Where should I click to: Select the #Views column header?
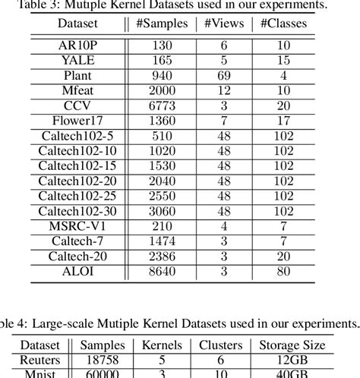pos(224,24)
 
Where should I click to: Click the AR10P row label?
pos(77,45)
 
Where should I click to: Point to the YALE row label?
pos(77,59)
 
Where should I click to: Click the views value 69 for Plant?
pos(224,74)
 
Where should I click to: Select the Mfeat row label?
pos(77,90)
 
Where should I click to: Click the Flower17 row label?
pos(77,120)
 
